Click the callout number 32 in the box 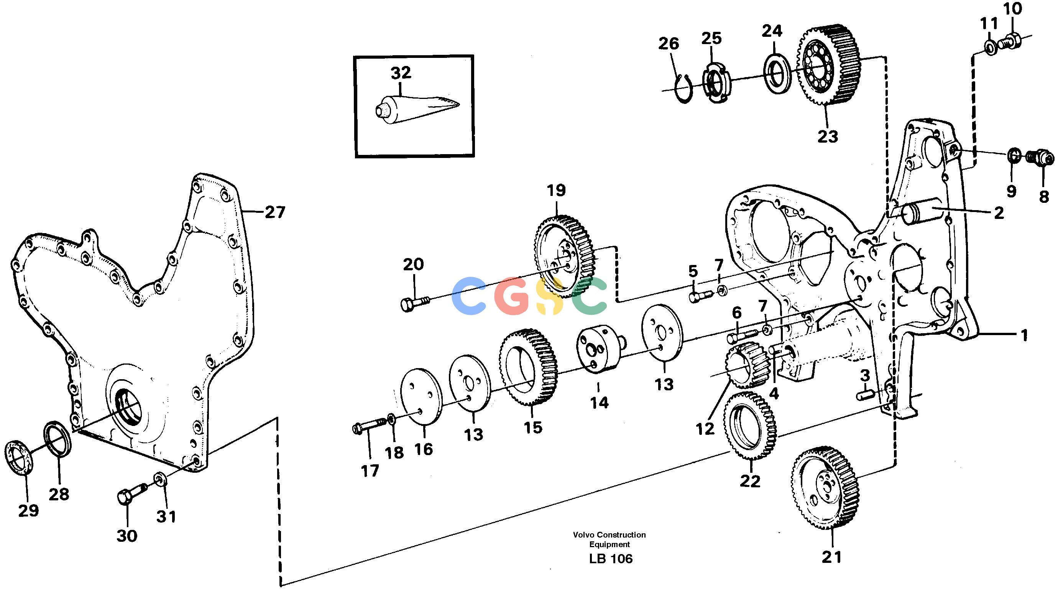(x=401, y=73)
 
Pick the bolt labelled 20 (x=414, y=304)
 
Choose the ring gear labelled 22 (x=750, y=426)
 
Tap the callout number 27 (x=275, y=212)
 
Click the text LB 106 (x=611, y=559)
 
